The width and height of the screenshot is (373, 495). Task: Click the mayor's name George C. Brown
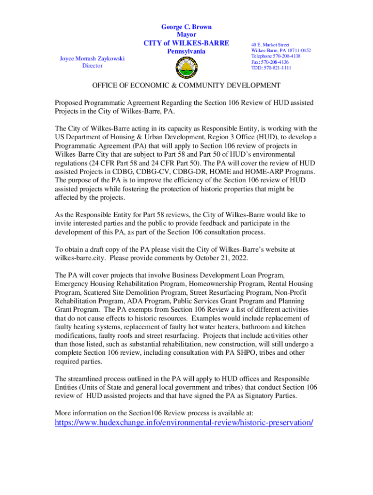pyautogui.click(x=186, y=27)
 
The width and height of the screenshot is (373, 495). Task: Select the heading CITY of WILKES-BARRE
pyautogui.click(x=186, y=43)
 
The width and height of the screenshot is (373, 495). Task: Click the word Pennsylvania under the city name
pyautogui.click(x=186, y=51)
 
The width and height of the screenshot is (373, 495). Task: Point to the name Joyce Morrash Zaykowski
pyautogui.click(x=92, y=58)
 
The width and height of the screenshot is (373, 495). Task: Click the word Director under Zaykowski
pyautogui.click(x=92, y=66)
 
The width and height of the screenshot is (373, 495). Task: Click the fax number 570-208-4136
pyautogui.click(x=275, y=62)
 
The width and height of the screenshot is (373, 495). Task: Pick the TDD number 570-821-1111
pyautogui.click(x=278, y=68)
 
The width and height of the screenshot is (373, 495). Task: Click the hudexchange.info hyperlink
pyautogui.click(x=184, y=422)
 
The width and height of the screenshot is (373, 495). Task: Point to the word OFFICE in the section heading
pyautogui.click(x=107, y=86)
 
